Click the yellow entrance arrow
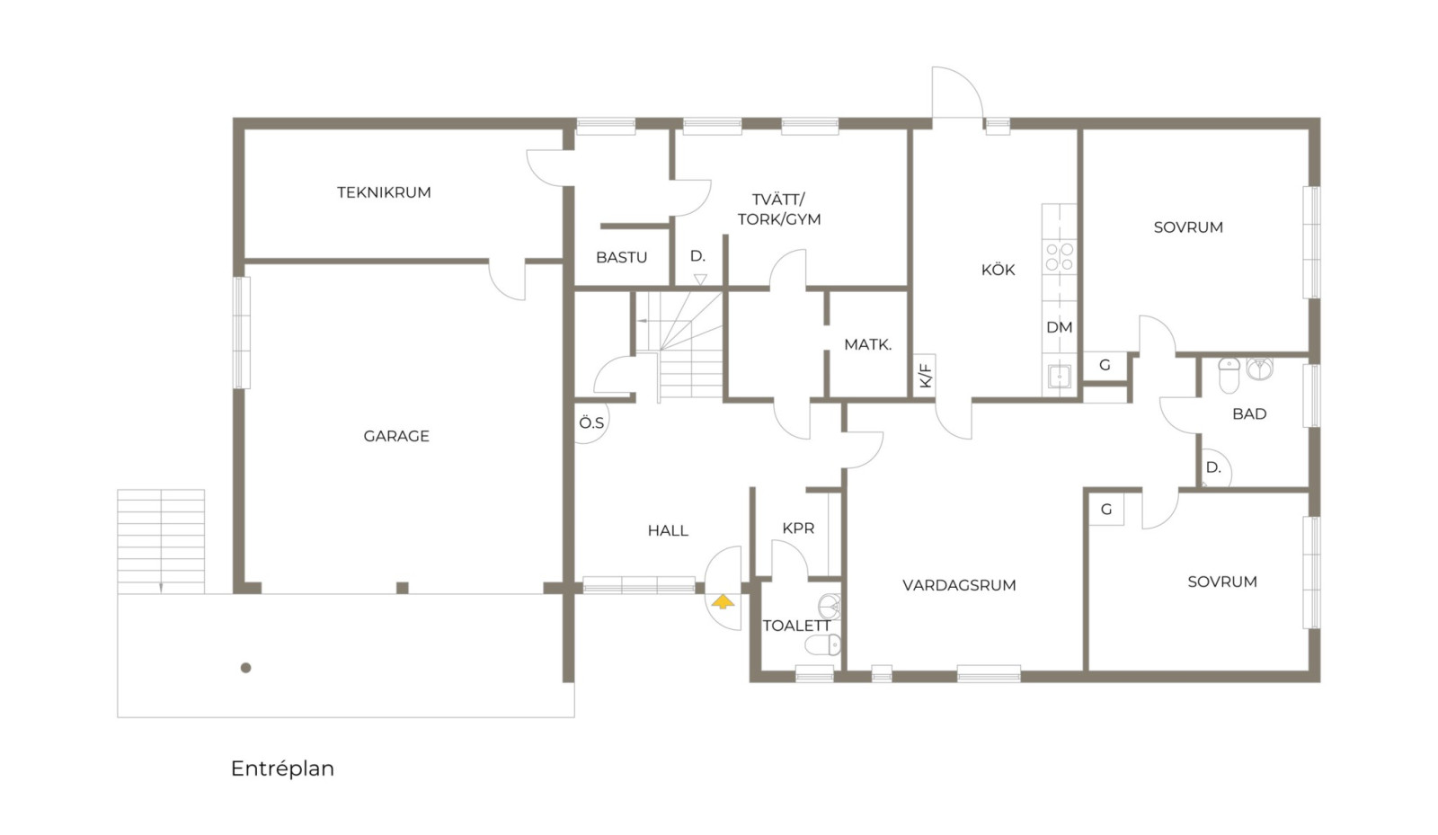[723, 601]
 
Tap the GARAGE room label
[396, 437]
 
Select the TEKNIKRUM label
[384, 192]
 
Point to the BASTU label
[621, 257]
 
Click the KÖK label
[998, 269]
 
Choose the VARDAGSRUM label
[959, 585]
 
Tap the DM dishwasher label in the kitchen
[1060, 327]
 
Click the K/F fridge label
[925, 376]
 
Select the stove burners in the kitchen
[1060, 257]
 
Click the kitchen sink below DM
[1060, 376]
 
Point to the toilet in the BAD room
[1229, 375]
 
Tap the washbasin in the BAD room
[1259, 369]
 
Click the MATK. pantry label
[868, 344]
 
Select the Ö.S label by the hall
[591, 423]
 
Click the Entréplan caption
[282, 768]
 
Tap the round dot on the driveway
[246, 668]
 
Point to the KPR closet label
[798, 529]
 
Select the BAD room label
[1249, 414]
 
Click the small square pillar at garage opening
[403, 588]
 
